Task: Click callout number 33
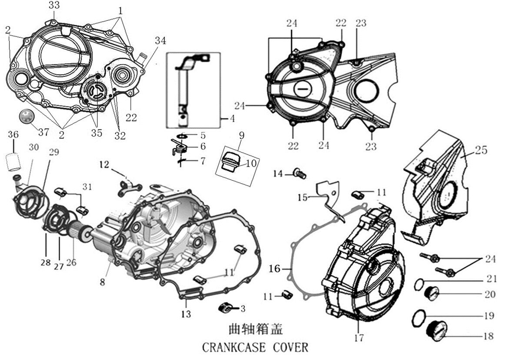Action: click(54, 5)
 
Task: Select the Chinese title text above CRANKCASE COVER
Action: click(256, 329)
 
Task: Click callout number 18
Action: click(488, 336)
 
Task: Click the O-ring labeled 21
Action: click(419, 284)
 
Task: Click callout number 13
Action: click(186, 314)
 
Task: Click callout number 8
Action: click(103, 282)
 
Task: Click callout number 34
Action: click(160, 41)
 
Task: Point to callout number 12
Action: click(104, 165)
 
